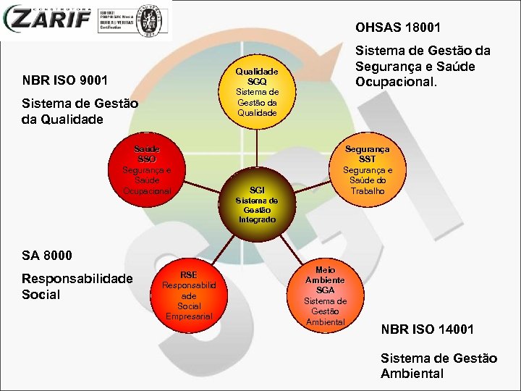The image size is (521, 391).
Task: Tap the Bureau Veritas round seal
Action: [150, 20]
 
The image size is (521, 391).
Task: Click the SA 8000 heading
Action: [48, 255]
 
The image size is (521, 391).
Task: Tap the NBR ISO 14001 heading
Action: [427, 329]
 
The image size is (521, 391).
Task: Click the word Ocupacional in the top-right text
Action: [396, 82]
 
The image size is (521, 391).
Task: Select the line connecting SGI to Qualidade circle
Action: [257, 148]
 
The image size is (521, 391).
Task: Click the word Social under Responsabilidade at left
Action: [41, 295]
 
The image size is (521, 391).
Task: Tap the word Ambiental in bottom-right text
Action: [412, 374]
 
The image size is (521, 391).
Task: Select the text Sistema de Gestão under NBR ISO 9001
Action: [80, 104]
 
